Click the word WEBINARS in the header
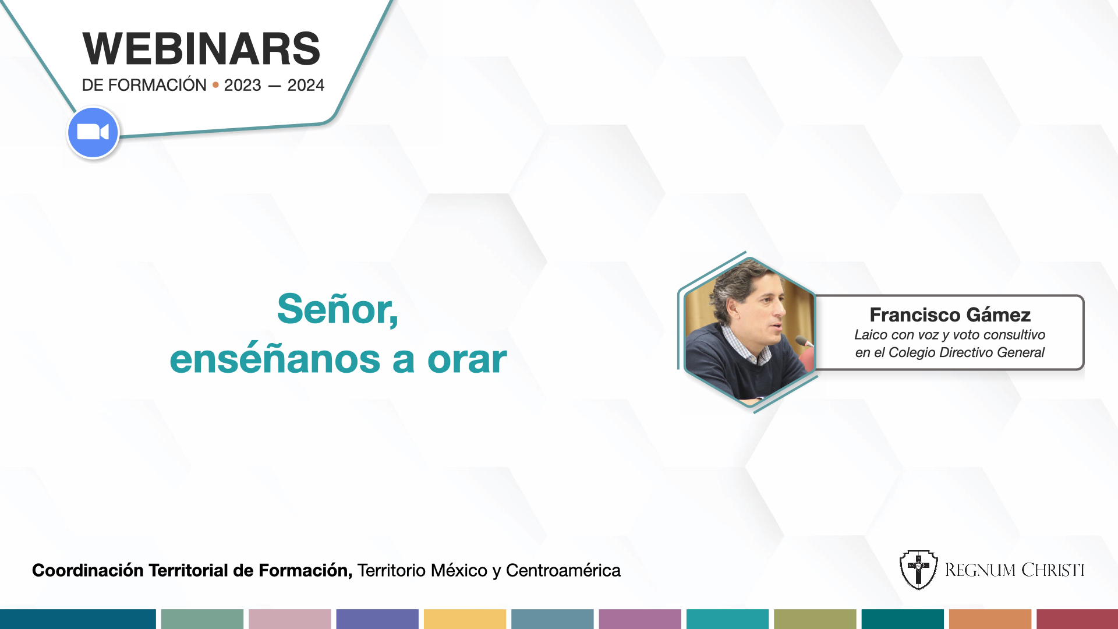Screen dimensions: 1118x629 pos(201,49)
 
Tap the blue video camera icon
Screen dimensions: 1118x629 pos(93,132)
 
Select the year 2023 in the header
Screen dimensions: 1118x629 pos(242,85)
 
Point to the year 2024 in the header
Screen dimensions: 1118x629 pos(306,85)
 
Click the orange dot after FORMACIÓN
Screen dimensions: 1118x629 pos(215,85)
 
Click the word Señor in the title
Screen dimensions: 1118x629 pos(337,309)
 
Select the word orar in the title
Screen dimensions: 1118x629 pos(467,359)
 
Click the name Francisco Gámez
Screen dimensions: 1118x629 pos(950,314)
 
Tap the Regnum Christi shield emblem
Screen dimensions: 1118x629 pos(918,570)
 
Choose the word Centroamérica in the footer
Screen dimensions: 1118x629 pos(563,570)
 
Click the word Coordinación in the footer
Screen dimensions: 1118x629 pos(88,570)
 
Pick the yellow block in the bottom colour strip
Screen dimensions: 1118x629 pos(465,619)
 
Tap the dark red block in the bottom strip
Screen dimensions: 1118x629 pos(1077,619)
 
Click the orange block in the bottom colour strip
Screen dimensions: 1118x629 pos(990,619)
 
